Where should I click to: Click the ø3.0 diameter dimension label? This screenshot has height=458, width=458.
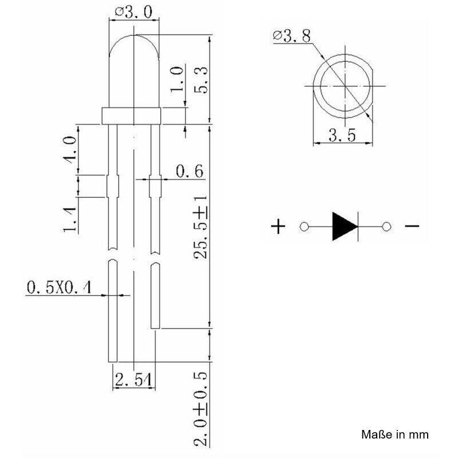[134, 12]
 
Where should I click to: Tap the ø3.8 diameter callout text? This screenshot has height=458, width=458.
[291, 35]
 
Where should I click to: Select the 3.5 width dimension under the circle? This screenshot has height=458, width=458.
[342, 136]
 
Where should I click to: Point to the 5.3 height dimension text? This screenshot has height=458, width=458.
[201, 80]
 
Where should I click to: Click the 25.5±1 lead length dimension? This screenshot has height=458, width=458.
[200, 227]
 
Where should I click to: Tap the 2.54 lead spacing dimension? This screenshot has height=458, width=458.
[134, 380]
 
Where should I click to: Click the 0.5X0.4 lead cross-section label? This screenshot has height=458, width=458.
[59, 287]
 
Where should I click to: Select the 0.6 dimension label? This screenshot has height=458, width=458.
[189, 171]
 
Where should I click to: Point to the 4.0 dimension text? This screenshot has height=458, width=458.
[70, 149]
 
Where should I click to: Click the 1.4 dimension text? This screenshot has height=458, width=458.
[70, 220]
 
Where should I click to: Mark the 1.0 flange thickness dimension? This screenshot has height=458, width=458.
[177, 79]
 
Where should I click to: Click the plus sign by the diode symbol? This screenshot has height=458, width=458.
[278, 227]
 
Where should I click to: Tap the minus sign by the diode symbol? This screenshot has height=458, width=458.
[412, 226]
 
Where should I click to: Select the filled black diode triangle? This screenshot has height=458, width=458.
[345, 227]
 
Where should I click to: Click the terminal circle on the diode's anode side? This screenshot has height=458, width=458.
[304, 227]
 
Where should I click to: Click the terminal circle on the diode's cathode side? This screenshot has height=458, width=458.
[386, 227]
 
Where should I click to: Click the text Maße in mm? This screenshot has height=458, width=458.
[395, 435]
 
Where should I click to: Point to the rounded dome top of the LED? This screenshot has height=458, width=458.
[134, 35]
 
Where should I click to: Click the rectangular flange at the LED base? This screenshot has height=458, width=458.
[131, 116]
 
